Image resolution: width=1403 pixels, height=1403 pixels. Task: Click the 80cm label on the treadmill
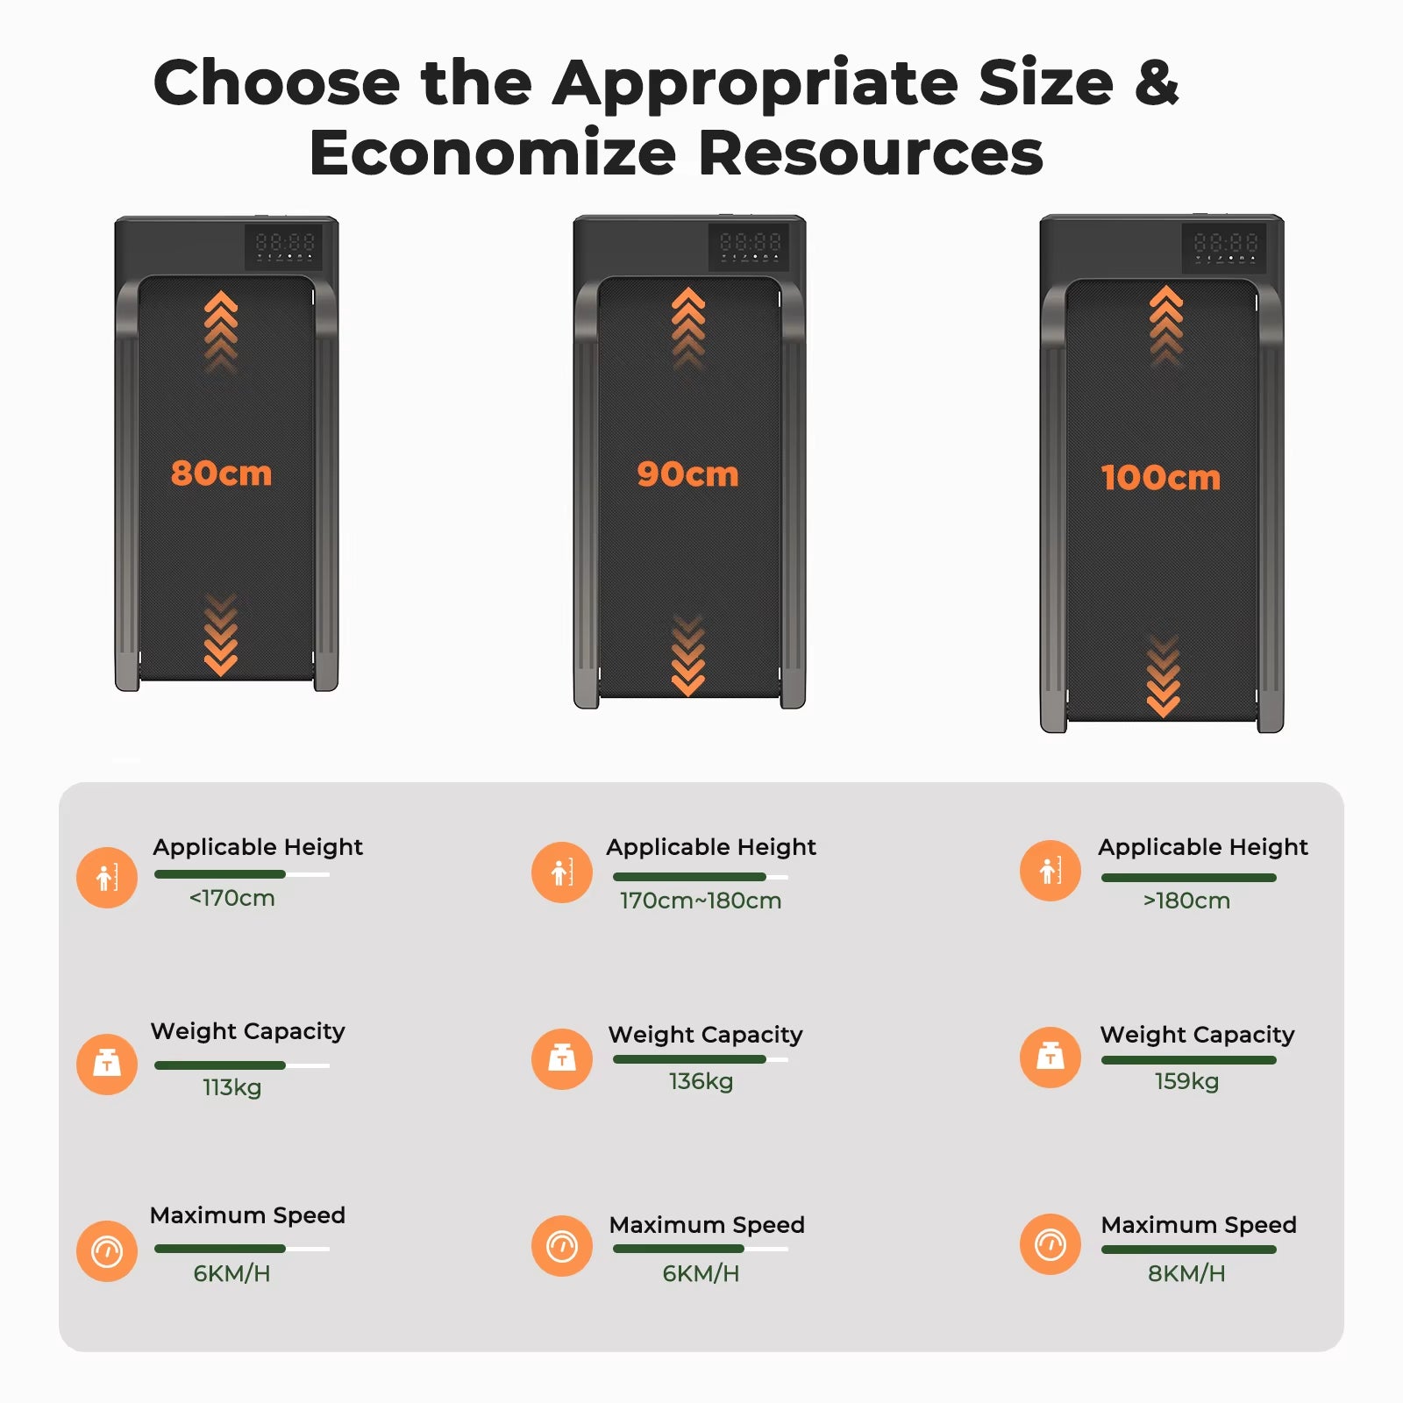tap(221, 474)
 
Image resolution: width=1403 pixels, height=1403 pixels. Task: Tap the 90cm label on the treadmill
tap(687, 474)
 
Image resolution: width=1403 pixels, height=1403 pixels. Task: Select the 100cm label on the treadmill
tap(1160, 478)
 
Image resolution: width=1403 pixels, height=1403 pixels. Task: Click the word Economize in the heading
tap(493, 153)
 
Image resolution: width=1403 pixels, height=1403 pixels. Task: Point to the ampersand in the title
tap(1157, 82)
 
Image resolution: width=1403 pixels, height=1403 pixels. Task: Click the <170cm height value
tap(232, 898)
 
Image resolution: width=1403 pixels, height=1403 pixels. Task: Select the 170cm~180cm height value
tap(701, 901)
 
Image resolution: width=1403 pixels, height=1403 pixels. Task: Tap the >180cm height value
tap(1186, 901)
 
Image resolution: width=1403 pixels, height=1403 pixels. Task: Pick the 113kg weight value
tap(232, 1087)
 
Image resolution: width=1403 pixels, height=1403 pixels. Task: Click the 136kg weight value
tap(701, 1081)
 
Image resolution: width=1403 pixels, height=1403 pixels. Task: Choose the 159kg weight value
tap(1186, 1081)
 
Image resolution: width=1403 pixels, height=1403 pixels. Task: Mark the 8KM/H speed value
tap(1186, 1273)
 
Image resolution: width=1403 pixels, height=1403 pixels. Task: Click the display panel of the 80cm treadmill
tap(283, 246)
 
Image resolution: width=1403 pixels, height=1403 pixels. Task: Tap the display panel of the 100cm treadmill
tap(1225, 247)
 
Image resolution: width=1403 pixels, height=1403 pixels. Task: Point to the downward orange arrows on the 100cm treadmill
tap(1164, 675)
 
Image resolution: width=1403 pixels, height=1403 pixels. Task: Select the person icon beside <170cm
tap(107, 877)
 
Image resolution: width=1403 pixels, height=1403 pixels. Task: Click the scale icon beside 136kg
tap(562, 1059)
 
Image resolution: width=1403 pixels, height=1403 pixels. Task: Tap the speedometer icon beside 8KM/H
tap(1050, 1244)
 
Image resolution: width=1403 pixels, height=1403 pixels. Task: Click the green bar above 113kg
tap(220, 1065)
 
